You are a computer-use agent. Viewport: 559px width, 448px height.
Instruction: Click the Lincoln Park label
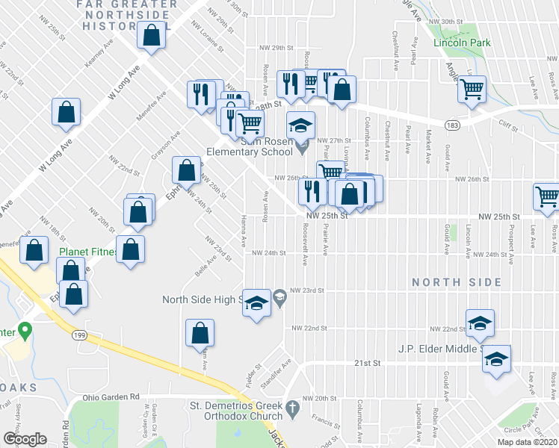[x=462, y=43]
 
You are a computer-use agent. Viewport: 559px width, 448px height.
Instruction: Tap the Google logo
[x=25, y=438]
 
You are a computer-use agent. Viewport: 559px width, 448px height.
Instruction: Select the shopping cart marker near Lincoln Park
[x=472, y=90]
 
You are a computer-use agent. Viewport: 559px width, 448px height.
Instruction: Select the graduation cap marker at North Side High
[x=256, y=304]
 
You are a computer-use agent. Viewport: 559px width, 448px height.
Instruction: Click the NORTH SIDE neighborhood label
[x=456, y=281]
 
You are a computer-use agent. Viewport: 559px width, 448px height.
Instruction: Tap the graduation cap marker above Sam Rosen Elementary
[x=300, y=125]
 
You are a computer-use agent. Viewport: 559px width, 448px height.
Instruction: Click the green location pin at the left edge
[x=25, y=329]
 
